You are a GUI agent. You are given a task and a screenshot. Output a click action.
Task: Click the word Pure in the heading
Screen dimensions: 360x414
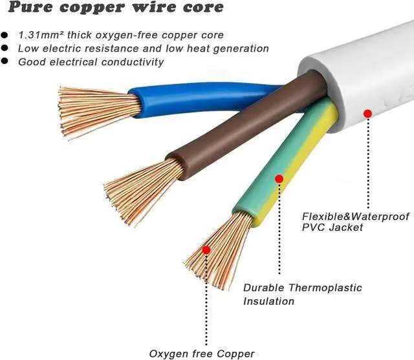click(32, 9)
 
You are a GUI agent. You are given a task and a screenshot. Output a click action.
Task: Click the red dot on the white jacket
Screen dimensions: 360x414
click(367, 114)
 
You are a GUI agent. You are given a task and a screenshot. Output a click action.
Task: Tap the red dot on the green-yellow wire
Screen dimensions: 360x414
click(279, 178)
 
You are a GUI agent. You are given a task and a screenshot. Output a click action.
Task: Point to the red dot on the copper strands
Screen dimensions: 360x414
click(206, 249)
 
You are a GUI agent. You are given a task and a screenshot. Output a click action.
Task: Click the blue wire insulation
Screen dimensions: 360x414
click(194, 100)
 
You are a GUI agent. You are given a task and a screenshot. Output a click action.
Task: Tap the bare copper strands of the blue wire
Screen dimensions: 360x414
click(97, 110)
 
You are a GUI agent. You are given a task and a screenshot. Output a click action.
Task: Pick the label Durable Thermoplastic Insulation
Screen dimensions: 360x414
click(302, 294)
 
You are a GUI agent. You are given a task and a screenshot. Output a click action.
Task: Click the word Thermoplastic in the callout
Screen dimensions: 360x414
click(328, 288)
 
